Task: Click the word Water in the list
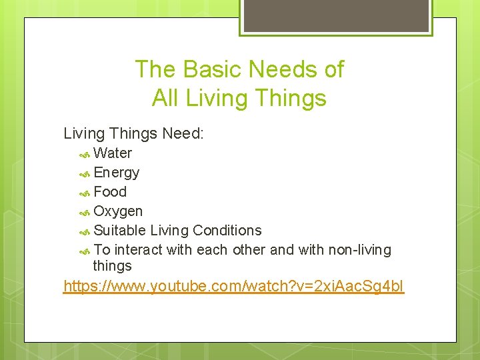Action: [113, 153]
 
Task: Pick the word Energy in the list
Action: [117, 173]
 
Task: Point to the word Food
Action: [110, 192]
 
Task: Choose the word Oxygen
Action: [118, 211]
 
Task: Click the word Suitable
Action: [120, 231]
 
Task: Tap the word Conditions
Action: [227, 231]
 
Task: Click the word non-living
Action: [359, 250]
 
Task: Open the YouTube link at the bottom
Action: [233, 287]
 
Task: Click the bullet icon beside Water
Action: [85, 154]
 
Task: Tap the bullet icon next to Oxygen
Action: [85, 212]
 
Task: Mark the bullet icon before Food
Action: [85, 193]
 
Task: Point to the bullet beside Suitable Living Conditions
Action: [85, 231]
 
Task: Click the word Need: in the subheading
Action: [181, 133]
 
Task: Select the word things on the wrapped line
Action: [112, 266]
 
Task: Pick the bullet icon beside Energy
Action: [85, 173]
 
